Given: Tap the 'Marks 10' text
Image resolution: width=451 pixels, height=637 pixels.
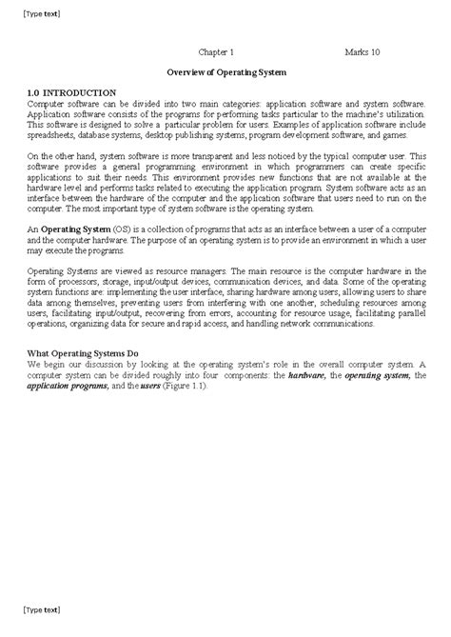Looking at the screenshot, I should point(363,53).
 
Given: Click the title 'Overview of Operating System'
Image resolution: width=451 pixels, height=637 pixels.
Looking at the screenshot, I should point(225,71).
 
